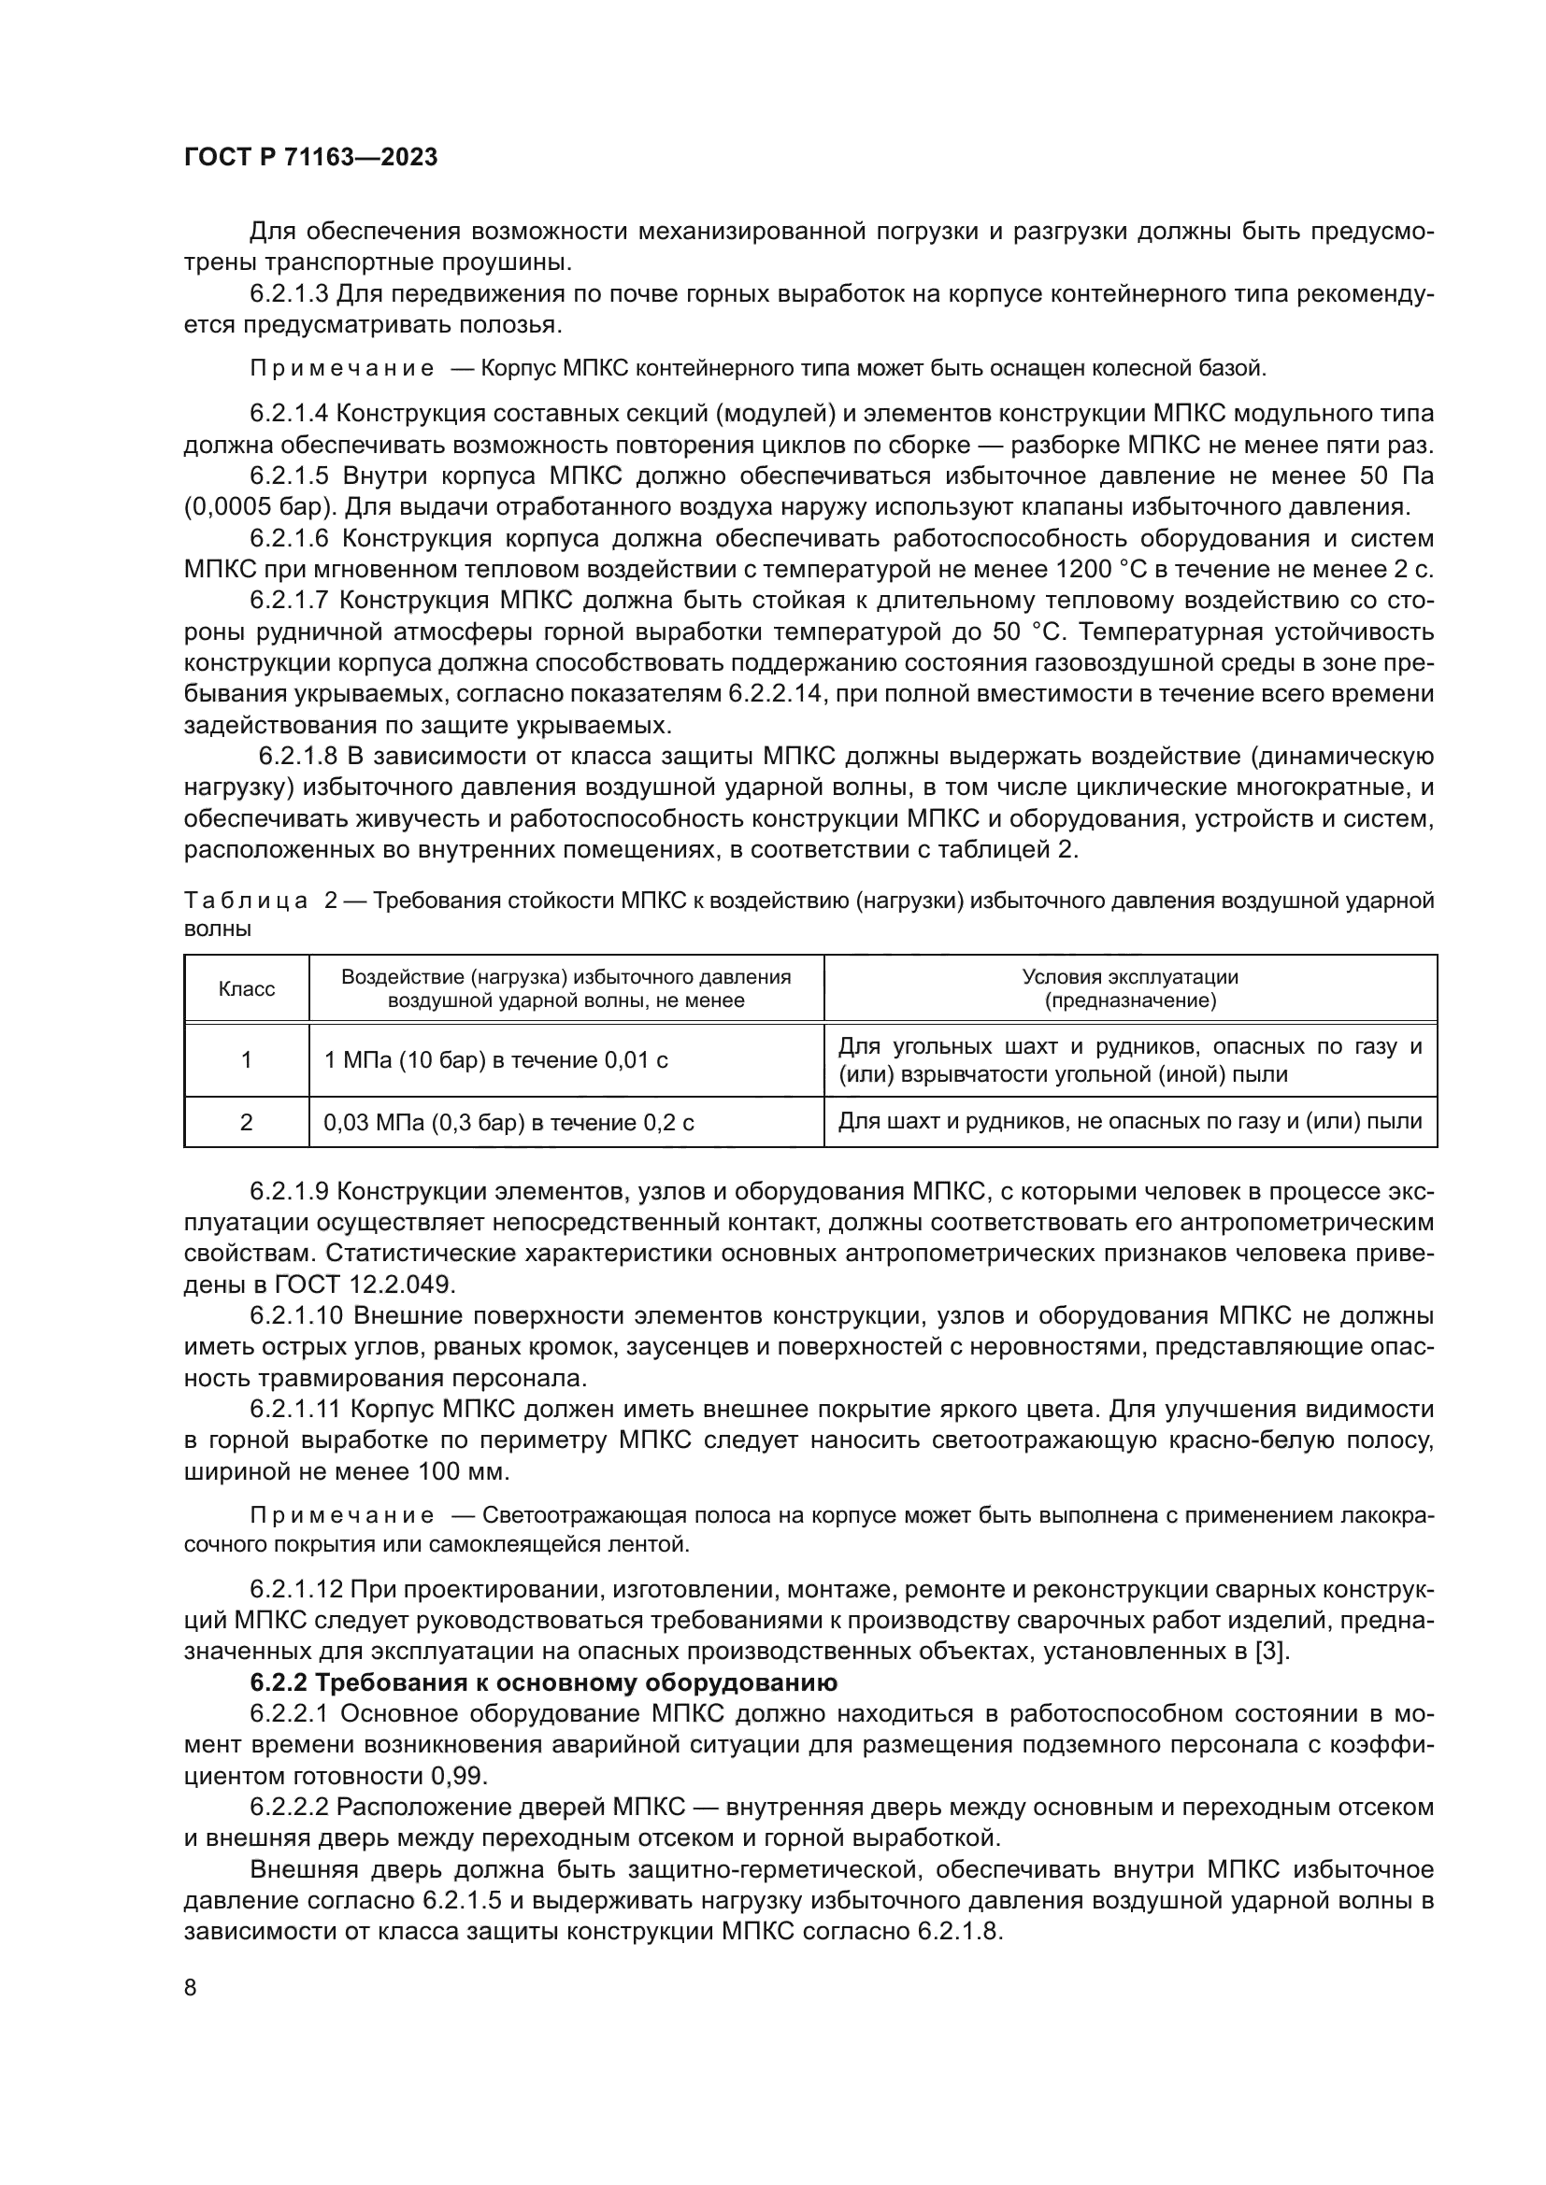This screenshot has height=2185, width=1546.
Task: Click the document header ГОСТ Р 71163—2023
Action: (310, 157)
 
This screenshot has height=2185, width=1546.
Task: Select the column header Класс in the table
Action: (247, 988)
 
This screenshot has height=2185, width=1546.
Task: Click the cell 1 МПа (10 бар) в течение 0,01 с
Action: (496, 1060)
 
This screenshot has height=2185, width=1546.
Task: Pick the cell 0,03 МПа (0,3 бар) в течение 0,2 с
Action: (508, 1123)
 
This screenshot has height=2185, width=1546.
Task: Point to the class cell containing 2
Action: (247, 1123)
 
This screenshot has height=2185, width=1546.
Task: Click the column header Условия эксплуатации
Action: (1129, 988)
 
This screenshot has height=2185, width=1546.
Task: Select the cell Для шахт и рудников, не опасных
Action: (1129, 1122)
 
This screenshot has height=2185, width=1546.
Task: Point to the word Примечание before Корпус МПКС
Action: (342, 368)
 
